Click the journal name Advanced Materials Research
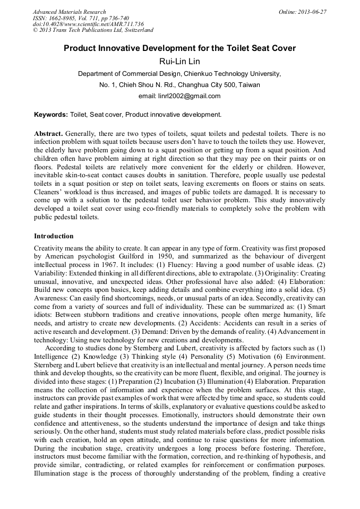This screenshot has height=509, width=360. pyautogui.click(x=69, y=12)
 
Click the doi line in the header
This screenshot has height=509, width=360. pyautogui.click(x=88, y=24)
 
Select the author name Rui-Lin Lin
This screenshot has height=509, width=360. pyautogui.click(x=179, y=62)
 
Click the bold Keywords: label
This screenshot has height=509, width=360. pyautogui.click(x=51, y=115)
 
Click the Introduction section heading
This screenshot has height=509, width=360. pyautogui.click(x=54, y=236)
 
